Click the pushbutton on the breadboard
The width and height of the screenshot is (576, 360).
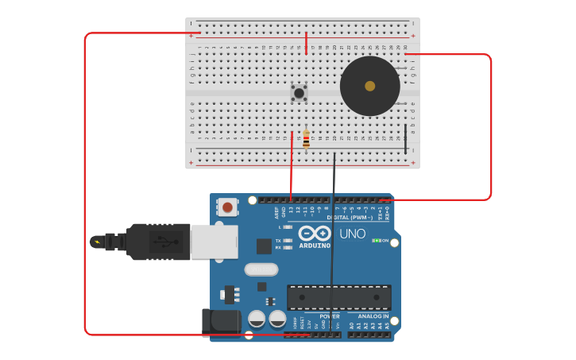pos(299,93)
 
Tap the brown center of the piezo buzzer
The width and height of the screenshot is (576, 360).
pos(369,86)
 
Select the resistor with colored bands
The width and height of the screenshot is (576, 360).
pos(306,140)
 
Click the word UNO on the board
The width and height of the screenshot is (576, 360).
pos(352,234)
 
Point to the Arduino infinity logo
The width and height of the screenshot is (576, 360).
pos(315,233)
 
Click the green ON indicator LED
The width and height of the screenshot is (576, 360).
pos(377,240)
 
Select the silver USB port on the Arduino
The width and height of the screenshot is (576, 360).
pos(214,242)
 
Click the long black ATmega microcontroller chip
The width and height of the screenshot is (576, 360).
pos(338,297)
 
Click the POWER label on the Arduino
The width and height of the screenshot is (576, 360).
pos(329,316)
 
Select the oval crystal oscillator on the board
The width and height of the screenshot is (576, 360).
pos(261,269)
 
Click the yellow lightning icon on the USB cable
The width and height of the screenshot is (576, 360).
pos(97,242)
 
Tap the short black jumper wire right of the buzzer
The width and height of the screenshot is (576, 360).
pos(405,138)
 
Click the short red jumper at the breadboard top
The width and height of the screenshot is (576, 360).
pos(306,43)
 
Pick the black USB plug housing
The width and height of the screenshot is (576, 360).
pos(159,242)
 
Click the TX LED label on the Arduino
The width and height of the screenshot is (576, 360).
pos(277,240)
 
